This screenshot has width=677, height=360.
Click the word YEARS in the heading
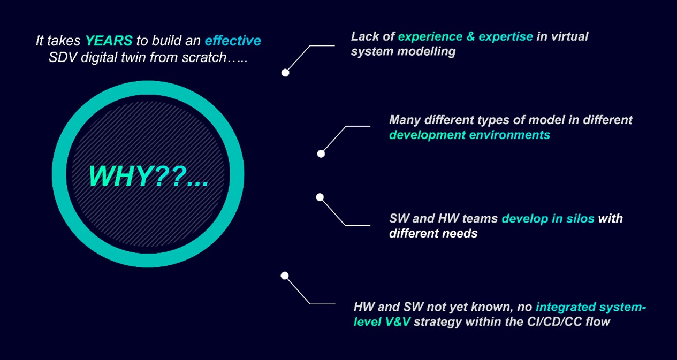[109, 41]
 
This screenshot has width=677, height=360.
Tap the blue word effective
[233, 41]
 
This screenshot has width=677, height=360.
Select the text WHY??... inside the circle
[148, 177]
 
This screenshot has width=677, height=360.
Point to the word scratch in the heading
[204, 57]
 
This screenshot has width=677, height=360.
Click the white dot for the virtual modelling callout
[285, 73]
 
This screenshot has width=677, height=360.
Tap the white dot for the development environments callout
[321, 154]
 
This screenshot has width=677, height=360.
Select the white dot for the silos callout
[320, 197]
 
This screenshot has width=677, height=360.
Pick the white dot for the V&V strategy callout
[284, 275]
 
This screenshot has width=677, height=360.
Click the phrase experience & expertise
[466, 36]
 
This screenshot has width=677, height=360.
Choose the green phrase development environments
[469, 135]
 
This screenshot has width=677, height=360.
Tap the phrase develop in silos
[548, 218]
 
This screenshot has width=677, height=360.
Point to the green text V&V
[398, 321]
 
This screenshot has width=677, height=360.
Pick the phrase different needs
[433, 233]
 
